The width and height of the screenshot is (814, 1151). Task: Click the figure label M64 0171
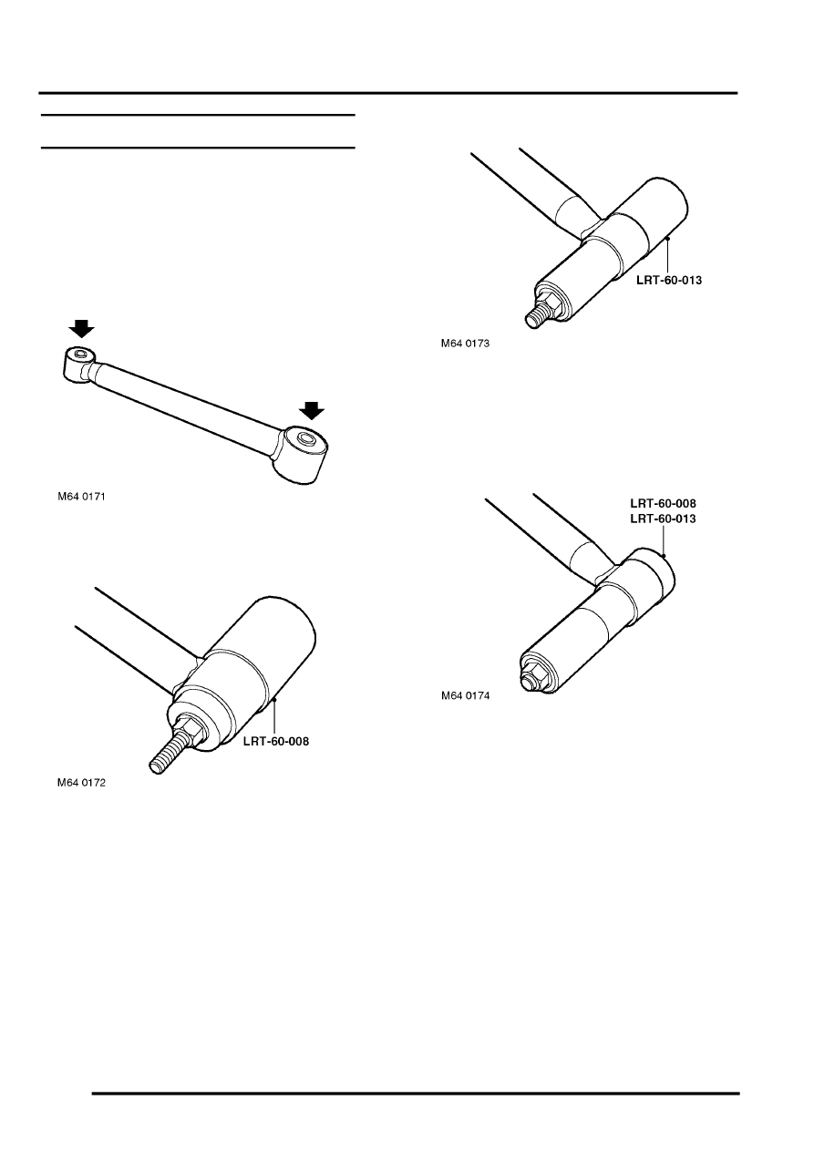pos(81,497)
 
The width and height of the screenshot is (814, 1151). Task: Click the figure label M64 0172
pos(81,783)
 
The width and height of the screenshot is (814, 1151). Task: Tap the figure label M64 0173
pos(465,344)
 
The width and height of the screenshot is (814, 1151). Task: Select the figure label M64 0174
pos(466,695)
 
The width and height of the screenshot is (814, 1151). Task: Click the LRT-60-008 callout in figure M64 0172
pos(276,742)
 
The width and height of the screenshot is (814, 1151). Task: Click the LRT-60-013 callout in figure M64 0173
pos(669,281)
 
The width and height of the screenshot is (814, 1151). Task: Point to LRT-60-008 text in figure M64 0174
pos(663,503)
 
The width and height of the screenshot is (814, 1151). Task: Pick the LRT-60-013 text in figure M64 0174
pos(663,519)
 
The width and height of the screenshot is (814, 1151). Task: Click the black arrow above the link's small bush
pos(81,328)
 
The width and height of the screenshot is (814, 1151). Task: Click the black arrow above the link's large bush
pos(312,411)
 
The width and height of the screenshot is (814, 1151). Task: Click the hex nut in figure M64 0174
pos(537,673)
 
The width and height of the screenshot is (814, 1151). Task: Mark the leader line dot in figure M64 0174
pos(664,556)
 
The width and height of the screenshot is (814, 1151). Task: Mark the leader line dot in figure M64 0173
pos(668,238)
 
